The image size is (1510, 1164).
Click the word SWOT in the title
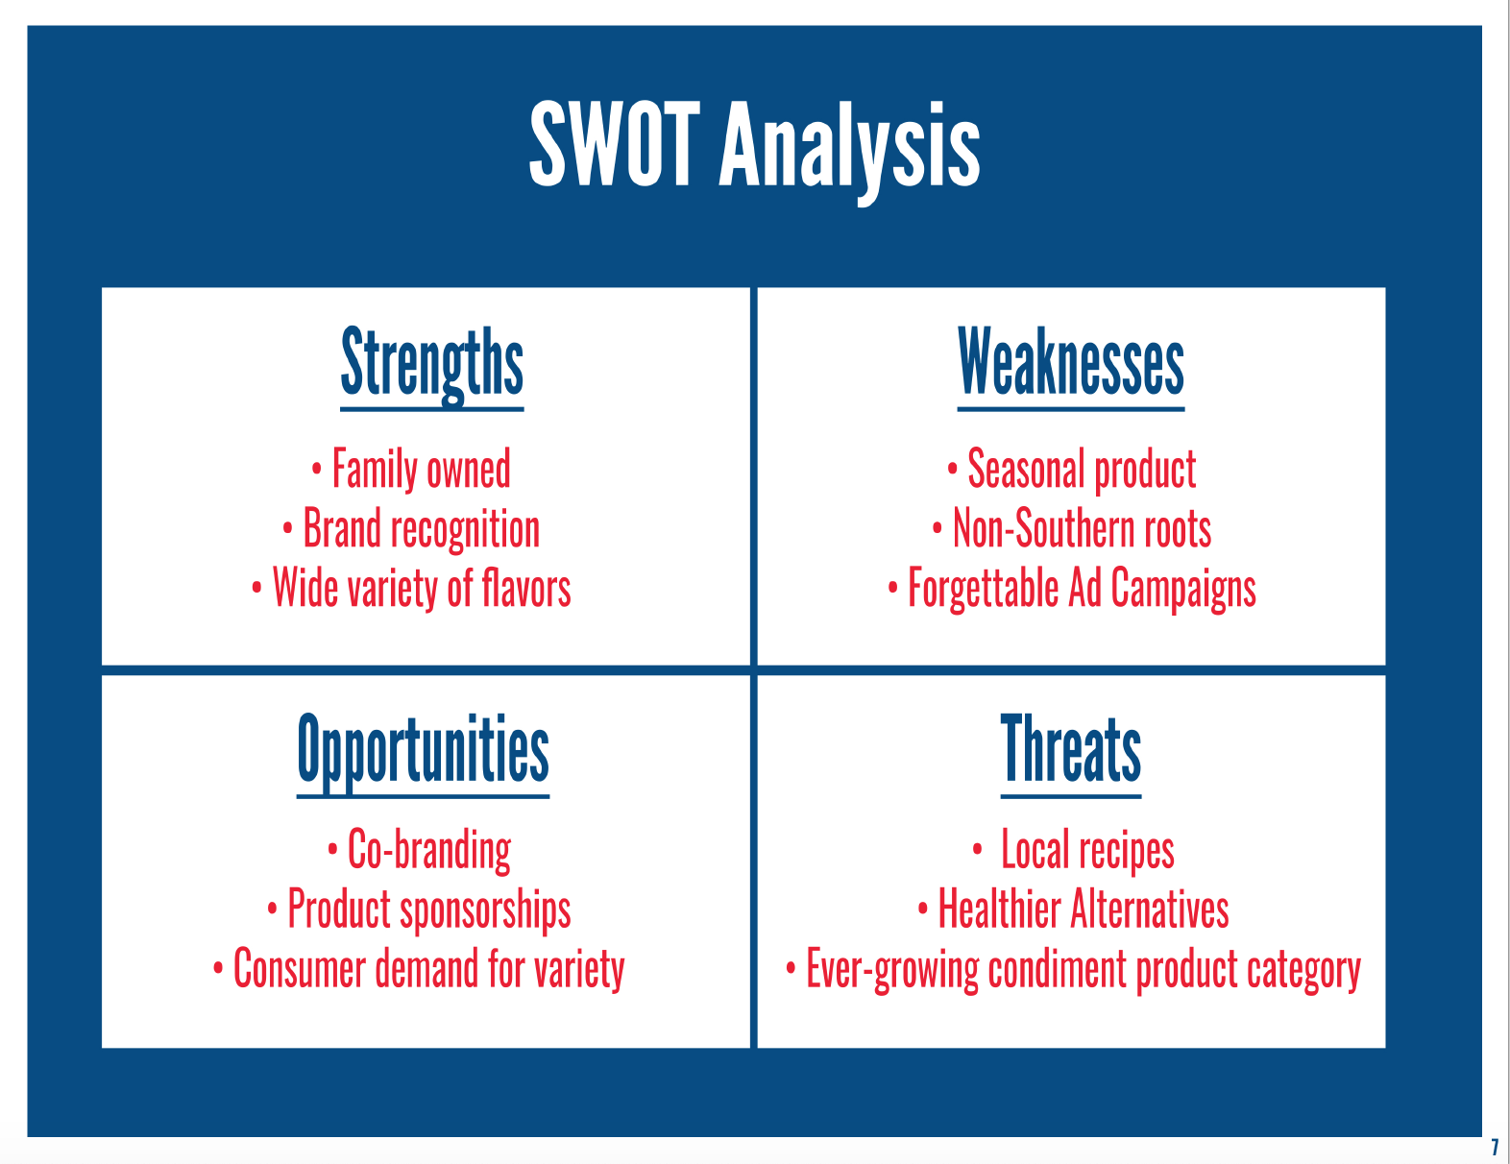tap(615, 144)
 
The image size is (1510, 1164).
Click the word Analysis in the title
tap(849, 152)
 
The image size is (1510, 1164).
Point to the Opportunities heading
tap(424, 753)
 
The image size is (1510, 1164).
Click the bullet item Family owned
tap(421, 471)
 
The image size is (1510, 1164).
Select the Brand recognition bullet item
tap(421, 529)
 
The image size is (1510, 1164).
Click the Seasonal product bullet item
tap(1082, 471)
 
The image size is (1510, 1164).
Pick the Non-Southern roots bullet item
tap(1082, 528)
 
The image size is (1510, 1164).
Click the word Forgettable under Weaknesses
tap(983, 589)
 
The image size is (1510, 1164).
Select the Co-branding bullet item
tap(429, 850)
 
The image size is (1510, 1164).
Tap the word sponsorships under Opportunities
tap(485, 909)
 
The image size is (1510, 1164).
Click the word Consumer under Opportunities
tap(300, 968)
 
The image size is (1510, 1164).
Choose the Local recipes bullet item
tap(1087, 849)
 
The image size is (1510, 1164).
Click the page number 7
tap(1495, 1147)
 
